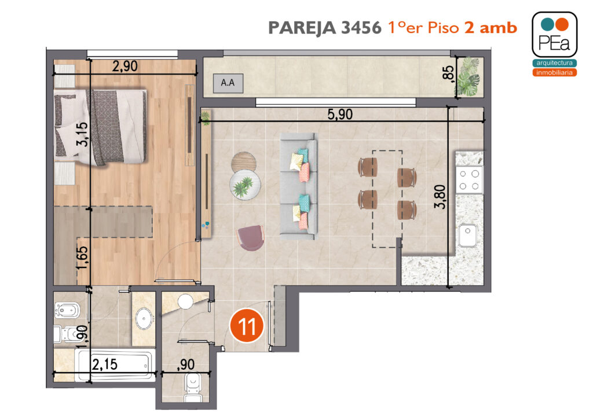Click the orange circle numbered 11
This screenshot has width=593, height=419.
[247, 325]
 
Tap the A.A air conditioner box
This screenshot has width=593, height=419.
[228, 83]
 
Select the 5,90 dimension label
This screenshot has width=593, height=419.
[340, 114]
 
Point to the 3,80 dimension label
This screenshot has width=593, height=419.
[440, 196]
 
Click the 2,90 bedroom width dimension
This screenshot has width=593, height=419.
[125, 66]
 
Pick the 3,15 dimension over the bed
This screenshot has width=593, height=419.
[82, 134]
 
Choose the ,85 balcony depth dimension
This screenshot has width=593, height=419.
[448, 72]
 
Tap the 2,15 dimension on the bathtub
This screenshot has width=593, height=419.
[105, 364]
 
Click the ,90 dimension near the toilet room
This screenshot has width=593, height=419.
[186, 365]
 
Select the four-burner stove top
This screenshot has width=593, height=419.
[469, 180]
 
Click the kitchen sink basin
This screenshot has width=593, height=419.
[468, 235]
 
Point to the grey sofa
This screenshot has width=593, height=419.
[298, 186]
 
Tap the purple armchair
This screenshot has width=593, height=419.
[250, 238]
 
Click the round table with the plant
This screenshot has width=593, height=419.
[245, 185]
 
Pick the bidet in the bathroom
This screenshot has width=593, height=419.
[67, 310]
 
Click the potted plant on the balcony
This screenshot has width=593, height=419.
[469, 77]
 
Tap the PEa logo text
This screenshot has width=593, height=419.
[554, 42]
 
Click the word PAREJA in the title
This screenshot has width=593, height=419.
[302, 28]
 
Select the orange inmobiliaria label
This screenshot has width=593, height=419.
[554, 72]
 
